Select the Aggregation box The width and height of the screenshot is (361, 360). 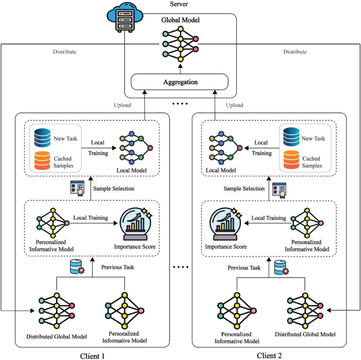click(179, 82)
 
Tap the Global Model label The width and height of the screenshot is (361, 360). click(180, 22)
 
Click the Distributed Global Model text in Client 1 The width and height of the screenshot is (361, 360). click(57, 336)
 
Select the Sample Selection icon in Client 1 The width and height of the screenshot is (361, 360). click(76, 188)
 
